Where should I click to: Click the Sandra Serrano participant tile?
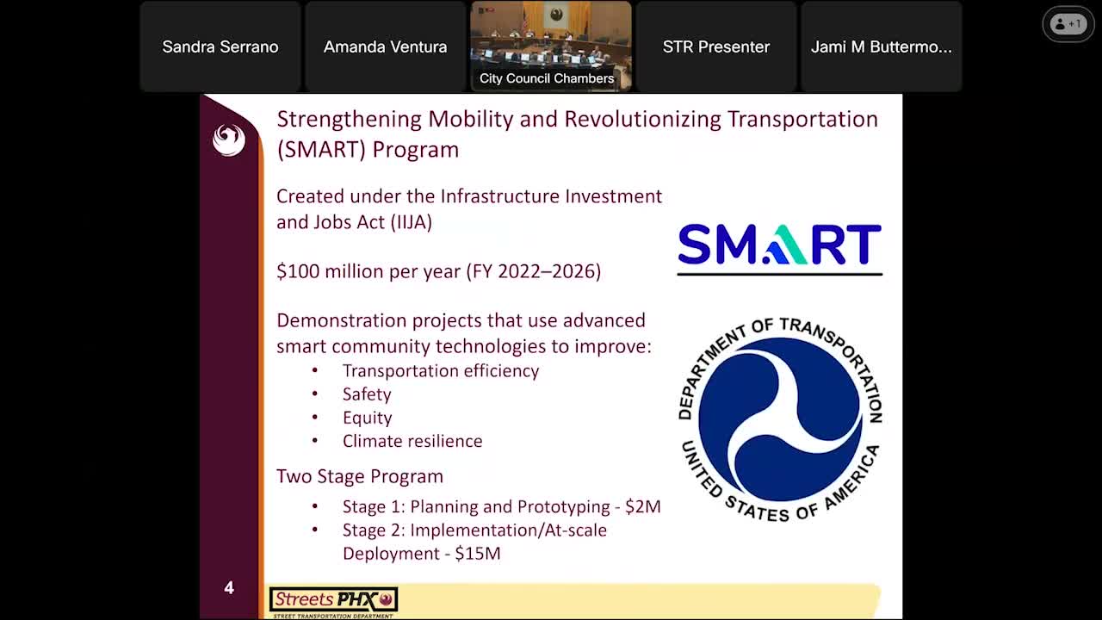coord(220,46)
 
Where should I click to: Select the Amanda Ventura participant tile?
coord(385,46)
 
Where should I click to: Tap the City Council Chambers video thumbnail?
coord(550,46)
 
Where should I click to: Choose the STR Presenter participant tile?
coord(715,46)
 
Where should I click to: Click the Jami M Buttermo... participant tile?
coord(881,46)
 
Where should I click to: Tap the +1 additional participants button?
coord(1068,24)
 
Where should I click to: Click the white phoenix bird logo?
coord(229,139)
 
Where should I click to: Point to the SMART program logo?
coord(779,246)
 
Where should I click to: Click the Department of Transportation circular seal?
coord(779,419)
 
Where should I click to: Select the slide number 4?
coord(229,588)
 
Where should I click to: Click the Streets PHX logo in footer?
coord(333,601)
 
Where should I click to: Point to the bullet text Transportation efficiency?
coord(441,371)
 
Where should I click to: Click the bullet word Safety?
coord(367,394)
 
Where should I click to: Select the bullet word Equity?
coord(368,418)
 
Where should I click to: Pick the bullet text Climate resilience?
coord(412,441)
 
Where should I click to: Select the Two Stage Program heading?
coord(360,476)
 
